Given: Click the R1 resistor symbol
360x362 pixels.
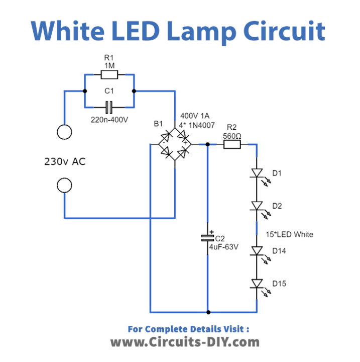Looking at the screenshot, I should (109, 75).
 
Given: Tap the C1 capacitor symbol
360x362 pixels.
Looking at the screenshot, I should (108, 107).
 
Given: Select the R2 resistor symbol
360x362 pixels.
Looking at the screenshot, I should (231, 144).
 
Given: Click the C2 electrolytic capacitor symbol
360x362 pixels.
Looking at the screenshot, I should (206, 236).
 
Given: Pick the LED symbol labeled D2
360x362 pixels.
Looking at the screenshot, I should (257, 206).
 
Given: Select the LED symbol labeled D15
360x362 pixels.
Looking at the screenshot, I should (257, 284).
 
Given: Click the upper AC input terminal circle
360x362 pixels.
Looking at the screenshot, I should (64, 132).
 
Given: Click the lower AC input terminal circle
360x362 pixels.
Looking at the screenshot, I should (64, 186).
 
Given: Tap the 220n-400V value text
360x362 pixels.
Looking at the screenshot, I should (108, 120).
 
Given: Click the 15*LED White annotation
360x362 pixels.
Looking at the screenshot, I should (290, 234).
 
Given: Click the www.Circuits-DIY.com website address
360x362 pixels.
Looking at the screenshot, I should (185, 342).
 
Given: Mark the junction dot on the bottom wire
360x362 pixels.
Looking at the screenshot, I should (206, 312).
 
